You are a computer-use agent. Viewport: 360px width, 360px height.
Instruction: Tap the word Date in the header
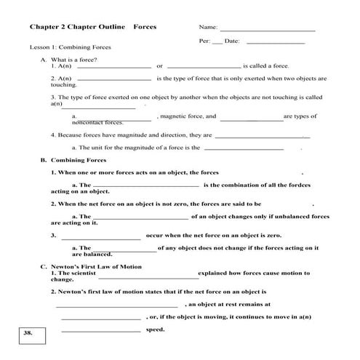pyautogui.click(x=232, y=41)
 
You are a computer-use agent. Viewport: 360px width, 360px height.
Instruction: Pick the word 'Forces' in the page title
pyautogui.click(x=145, y=27)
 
